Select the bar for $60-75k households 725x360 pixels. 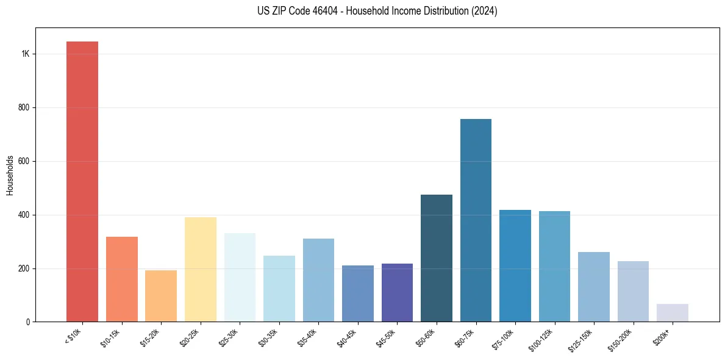(x=476, y=220)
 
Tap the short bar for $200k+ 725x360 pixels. (x=672, y=313)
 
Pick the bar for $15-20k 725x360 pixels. (x=161, y=296)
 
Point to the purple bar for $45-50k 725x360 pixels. (x=397, y=293)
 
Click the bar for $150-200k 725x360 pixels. (x=633, y=292)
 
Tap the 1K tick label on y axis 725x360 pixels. (x=25, y=54)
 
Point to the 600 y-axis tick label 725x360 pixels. (x=24, y=162)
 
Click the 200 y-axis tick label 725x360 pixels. (x=24, y=269)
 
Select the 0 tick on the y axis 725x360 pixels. (x=28, y=322)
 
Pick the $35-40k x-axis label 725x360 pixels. (x=308, y=339)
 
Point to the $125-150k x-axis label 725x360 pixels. (x=581, y=341)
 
